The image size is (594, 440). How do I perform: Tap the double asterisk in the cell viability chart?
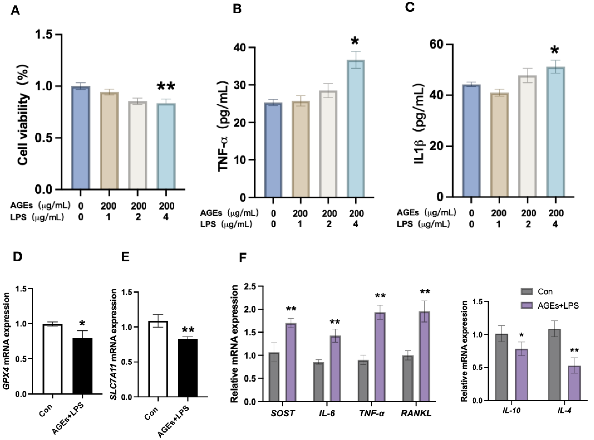tap(166, 87)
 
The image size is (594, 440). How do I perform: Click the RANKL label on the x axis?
tap(416, 413)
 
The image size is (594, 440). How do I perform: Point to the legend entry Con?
tap(545, 292)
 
